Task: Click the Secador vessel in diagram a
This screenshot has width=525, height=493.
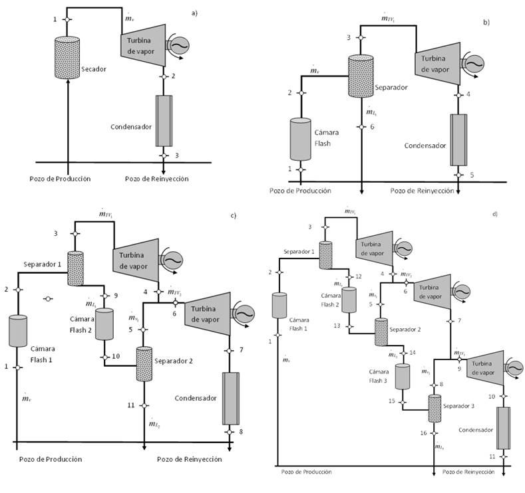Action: [x=68, y=56]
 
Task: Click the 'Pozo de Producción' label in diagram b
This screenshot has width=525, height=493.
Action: [x=300, y=191]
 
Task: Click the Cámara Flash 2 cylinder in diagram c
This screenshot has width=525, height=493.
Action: [x=104, y=324]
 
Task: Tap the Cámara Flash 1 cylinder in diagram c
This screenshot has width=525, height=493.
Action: [x=17, y=331]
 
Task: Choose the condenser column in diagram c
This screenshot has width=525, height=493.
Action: [x=230, y=398]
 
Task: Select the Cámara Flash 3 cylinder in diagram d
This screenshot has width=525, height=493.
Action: [x=402, y=376]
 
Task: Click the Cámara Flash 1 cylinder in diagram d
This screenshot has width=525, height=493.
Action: [x=279, y=306]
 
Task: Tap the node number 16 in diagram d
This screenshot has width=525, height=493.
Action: [x=423, y=433]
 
